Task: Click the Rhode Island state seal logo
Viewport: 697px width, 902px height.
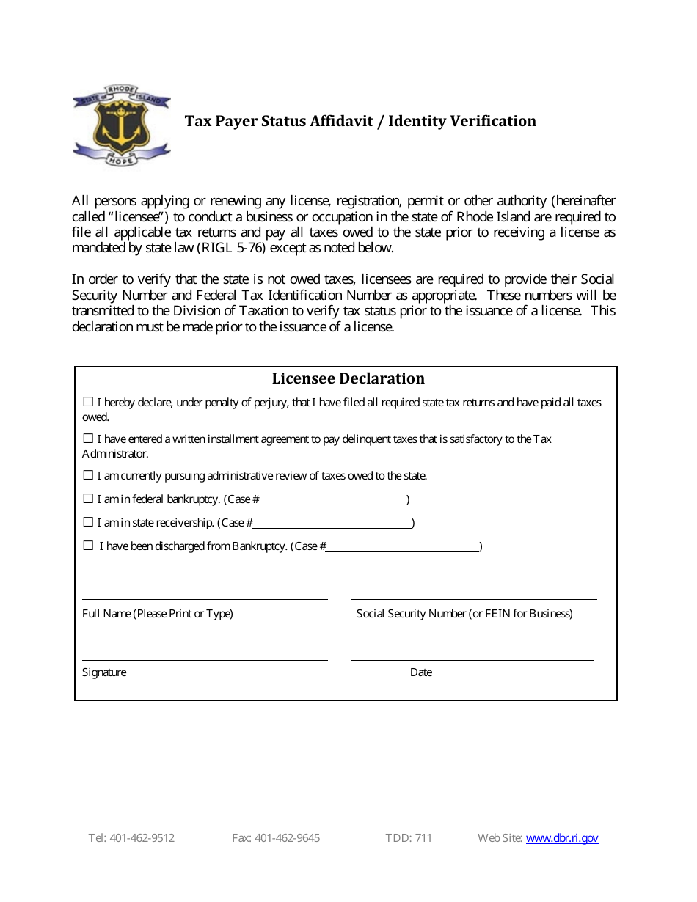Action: click(121, 125)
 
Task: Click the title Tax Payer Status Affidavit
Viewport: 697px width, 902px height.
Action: click(360, 121)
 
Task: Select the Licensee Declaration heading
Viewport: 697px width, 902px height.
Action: click(348, 378)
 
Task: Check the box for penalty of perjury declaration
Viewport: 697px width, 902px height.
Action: click(88, 402)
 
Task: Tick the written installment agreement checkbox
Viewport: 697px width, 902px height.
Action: click(88, 439)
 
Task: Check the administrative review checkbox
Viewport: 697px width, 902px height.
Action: click(88, 475)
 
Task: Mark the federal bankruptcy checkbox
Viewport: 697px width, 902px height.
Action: click(88, 499)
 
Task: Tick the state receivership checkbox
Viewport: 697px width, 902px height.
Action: click(88, 522)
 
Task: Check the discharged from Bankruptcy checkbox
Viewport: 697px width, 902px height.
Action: click(88, 546)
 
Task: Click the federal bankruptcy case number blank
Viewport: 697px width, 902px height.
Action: click(333, 499)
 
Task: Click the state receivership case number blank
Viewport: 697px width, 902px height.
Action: click(332, 523)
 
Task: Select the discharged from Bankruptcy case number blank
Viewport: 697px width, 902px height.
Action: click(402, 546)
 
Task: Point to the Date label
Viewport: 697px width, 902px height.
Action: click(421, 672)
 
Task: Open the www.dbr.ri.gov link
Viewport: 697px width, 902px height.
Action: click(562, 838)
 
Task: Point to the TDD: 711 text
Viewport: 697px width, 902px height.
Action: click(409, 838)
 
